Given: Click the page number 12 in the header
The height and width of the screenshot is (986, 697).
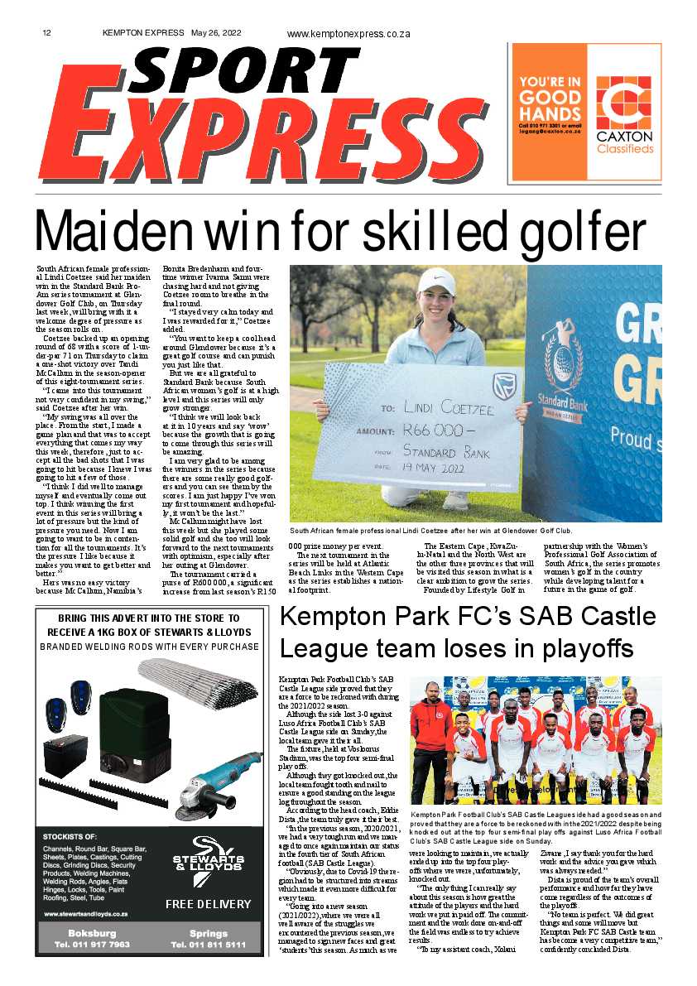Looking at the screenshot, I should coord(47,33).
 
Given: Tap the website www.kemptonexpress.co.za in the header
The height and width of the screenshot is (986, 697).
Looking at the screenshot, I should coord(348,34).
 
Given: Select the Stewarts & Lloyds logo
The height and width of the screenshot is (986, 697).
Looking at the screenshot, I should coord(207,867).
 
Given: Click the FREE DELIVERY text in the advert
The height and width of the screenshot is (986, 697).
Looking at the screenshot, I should coord(208,904).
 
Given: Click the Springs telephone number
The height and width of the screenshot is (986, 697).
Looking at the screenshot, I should coord(208,944).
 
